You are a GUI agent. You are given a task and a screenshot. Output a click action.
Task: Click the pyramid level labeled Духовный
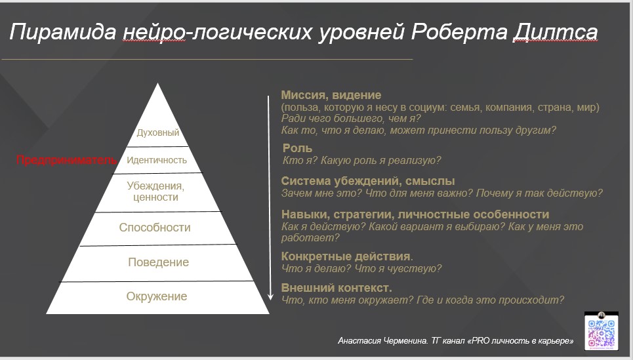click(157, 132)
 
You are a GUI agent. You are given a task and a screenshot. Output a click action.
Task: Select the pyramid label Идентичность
click(157, 160)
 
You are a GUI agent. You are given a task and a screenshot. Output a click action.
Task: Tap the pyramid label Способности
click(155, 228)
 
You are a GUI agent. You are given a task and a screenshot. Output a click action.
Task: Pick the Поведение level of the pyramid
click(158, 262)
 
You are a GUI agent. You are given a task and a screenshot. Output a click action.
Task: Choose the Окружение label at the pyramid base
click(157, 296)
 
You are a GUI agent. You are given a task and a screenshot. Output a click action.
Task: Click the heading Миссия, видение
click(331, 95)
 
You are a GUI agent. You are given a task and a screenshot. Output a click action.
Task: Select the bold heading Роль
click(297, 149)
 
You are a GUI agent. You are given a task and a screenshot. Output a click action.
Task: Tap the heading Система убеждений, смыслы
click(367, 181)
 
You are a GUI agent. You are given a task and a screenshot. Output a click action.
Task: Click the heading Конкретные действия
click(346, 256)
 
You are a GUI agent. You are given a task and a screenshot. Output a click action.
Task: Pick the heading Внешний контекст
click(337, 288)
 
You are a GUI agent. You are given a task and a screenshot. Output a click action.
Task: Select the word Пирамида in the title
click(62, 31)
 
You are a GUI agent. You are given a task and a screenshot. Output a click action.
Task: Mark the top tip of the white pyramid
click(157, 84)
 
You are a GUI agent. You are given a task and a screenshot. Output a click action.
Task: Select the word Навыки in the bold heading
click(304, 214)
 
